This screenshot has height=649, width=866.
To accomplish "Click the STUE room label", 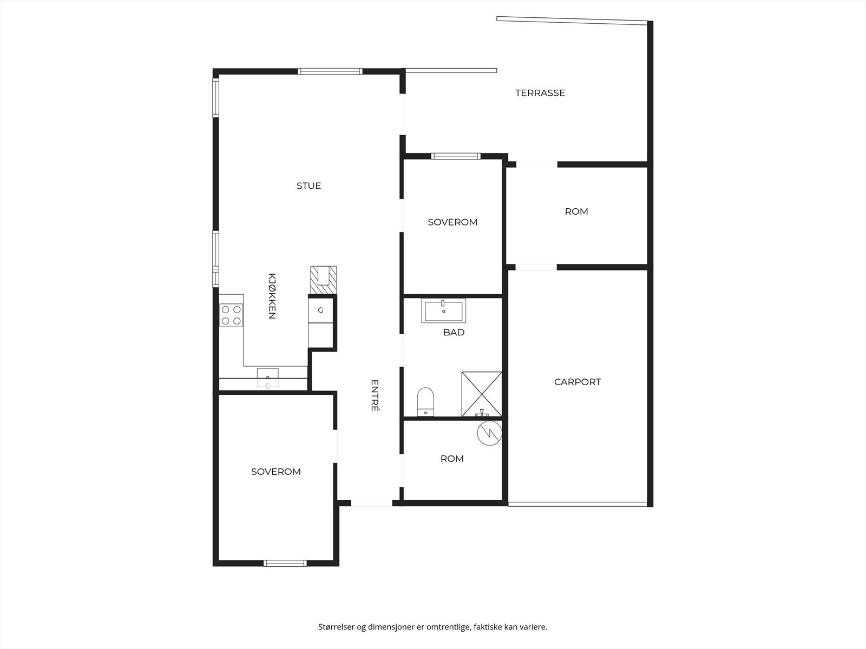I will [x=309, y=186].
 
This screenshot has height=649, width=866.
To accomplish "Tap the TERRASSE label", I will [x=540, y=93].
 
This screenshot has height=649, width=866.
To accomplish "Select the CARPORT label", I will [x=578, y=382].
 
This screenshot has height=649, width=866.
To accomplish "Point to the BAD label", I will [x=454, y=333].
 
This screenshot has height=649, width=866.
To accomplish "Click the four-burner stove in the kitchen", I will [x=232, y=315].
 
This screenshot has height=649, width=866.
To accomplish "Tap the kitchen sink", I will [x=267, y=376].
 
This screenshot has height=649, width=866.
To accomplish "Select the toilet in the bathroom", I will [x=426, y=401].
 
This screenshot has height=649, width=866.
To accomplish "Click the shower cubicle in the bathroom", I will [x=481, y=394].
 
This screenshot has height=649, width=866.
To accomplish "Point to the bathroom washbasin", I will [x=443, y=311].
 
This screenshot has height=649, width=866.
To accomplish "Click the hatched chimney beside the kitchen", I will [x=323, y=280].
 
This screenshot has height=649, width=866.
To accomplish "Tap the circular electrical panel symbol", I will [x=489, y=433].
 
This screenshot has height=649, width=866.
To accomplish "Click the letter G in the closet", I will [x=320, y=310].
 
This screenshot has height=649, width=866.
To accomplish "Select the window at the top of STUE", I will [x=330, y=71].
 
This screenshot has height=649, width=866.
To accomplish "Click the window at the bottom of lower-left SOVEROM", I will [x=285, y=563].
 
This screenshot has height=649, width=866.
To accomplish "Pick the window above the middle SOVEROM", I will [x=456, y=156].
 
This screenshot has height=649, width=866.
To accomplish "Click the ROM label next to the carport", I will [x=576, y=211].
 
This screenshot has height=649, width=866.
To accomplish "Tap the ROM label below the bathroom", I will [x=452, y=459].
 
